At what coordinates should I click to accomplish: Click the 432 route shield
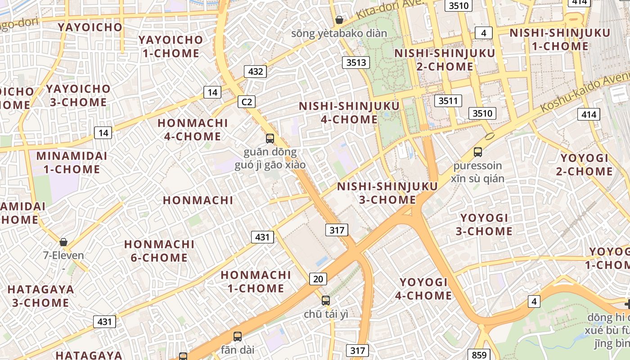(255, 71)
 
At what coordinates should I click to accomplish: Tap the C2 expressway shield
(247, 102)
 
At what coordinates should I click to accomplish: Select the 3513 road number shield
(355, 62)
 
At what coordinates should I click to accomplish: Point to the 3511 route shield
(448, 100)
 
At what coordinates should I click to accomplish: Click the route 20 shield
(318, 279)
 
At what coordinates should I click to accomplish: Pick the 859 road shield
(479, 355)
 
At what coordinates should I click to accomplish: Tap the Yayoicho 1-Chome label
(171, 46)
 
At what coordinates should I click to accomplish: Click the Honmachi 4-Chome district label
(193, 130)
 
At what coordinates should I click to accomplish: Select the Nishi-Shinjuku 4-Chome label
(349, 112)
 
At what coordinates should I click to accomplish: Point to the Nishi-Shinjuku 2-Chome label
(445, 59)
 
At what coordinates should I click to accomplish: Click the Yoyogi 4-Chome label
(423, 289)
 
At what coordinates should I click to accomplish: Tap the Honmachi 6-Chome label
(159, 251)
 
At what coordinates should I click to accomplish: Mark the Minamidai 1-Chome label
(72, 162)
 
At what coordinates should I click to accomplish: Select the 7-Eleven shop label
(63, 256)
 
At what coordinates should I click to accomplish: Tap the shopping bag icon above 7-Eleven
(63, 242)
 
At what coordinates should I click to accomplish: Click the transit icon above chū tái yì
(325, 300)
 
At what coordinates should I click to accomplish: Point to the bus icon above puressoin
(478, 152)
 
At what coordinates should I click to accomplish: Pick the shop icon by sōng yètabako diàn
(339, 20)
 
